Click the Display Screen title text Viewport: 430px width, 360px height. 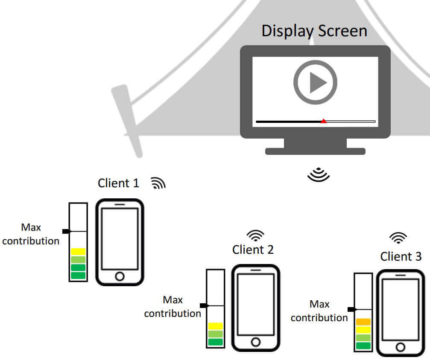coord(314,31)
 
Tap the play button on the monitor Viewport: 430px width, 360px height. coord(315,82)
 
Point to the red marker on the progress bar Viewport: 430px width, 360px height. coord(324,121)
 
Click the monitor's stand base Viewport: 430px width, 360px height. coord(315,151)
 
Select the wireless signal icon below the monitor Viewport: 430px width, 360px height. coord(319,174)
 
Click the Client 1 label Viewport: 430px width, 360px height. coord(118,183)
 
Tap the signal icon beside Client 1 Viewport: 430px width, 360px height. coord(158,183)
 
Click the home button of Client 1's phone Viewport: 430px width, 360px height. coord(120,276)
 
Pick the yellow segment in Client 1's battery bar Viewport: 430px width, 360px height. coord(78,252)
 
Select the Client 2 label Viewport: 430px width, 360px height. coord(253,250)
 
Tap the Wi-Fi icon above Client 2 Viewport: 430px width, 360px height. coord(256,236)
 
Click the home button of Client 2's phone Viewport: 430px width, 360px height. coord(255,342)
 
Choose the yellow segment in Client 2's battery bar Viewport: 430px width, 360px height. coord(216,326)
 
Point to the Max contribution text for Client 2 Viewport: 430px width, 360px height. coord(173,307)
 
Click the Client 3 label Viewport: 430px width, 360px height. coord(401,256)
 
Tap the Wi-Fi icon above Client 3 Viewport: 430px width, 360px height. coord(399,238)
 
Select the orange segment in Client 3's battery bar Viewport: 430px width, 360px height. coord(363,322)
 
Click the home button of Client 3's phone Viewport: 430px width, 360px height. coord(400,347)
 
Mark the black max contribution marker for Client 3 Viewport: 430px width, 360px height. coord(351,309)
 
